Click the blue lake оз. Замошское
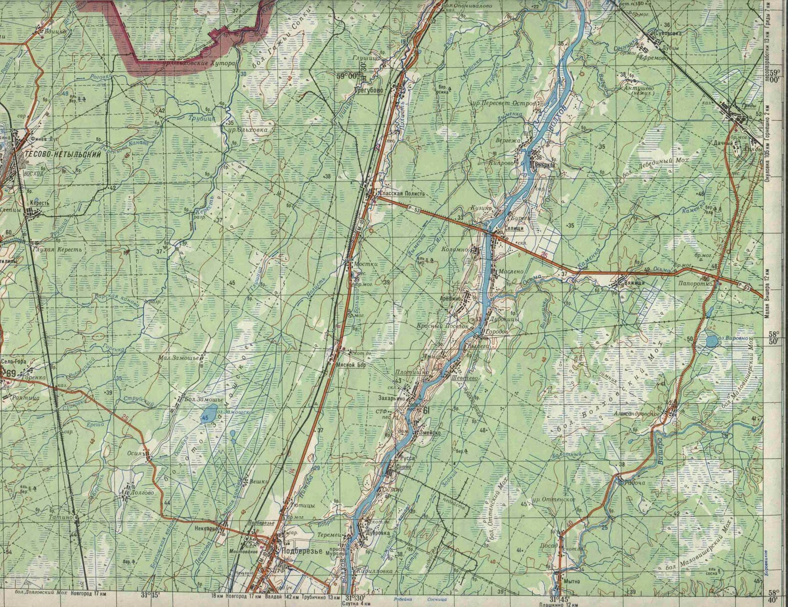(208, 414)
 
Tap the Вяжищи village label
(635, 283)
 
